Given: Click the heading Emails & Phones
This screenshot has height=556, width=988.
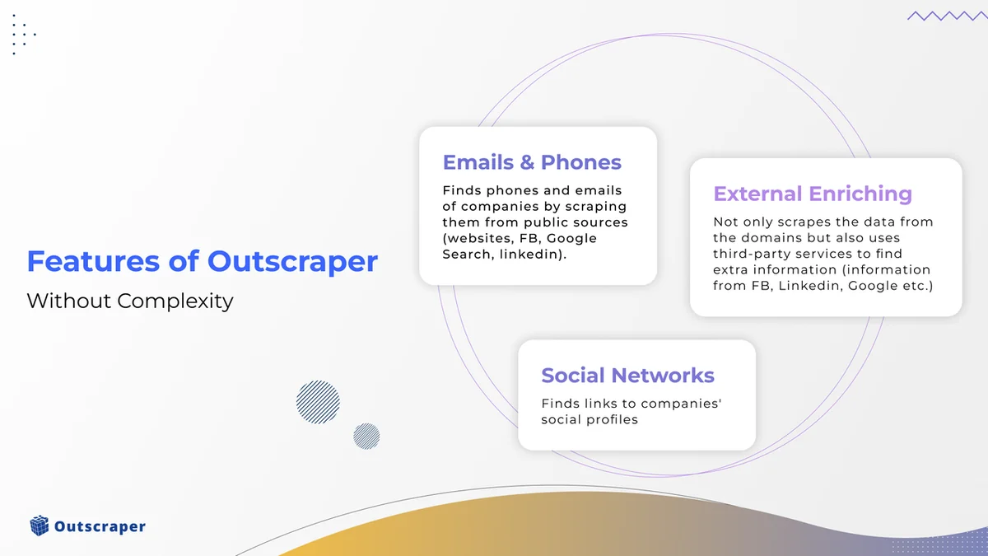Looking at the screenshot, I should pyautogui.click(x=532, y=162).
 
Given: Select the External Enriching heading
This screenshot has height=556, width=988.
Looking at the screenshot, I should pyautogui.click(x=813, y=194).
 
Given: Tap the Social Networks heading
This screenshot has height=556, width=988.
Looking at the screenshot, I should pyautogui.click(x=627, y=375).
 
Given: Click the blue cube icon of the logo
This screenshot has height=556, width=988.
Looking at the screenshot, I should pyautogui.click(x=40, y=526).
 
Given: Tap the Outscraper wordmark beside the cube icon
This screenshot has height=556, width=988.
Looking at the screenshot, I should pyautogui.click(x=100, y=526).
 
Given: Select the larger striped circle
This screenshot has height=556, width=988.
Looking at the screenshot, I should pyautogui.click(x=318, y=402).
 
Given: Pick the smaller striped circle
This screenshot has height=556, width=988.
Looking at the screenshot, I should pyautogui.click(x=366, y=436).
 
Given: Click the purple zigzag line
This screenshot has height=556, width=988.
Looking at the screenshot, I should pyautogui.click(x=944, y=16).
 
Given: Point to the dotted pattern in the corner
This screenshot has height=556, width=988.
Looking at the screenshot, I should pyautogui.click(x=22, y=35).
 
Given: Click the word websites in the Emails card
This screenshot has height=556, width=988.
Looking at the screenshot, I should pyautogui.click(x=477, y=239).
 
